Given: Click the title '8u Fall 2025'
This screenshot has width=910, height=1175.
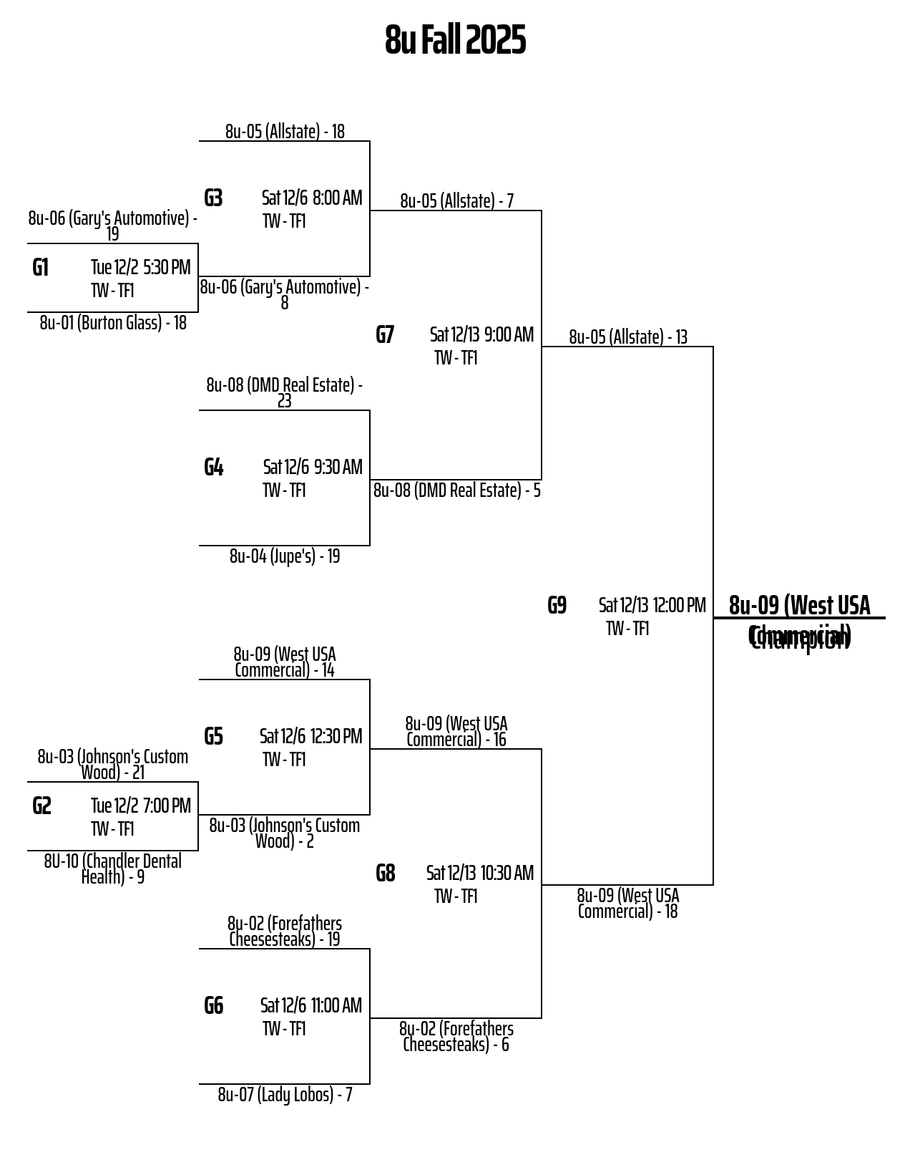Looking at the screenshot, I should pyautogui.click(x=455, y=40).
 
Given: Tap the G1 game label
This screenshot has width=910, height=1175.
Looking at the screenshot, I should pyautogui.click(x=41, y=268).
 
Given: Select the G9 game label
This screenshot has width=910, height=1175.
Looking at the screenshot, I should pyautogui.click(x=557, y=606).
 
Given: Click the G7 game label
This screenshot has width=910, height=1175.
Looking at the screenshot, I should pyautogui.click(x=385, y=335).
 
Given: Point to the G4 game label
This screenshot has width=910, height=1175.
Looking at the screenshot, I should pyautogui.click(x=213, y=468).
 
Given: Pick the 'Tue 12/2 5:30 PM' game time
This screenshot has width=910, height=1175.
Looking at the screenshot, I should pyautogui.click(x=140, y=268).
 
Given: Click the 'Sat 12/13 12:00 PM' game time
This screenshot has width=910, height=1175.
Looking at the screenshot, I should pyautogui.click(x=652, y=606).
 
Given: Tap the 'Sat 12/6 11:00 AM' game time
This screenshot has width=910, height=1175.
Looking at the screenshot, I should pyautogui.click(x=310, y=1006).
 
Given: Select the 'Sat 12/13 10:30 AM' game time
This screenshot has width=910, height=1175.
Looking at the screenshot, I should pyautogui.click(x=479, y=874).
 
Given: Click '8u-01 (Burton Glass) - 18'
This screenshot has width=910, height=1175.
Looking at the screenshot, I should pyautogui.click(x=113, y=323).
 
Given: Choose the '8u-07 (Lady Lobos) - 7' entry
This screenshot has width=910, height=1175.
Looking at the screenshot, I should pyautogui.click(x=285, y=1095).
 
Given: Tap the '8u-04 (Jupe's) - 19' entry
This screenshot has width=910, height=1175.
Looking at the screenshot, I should pyautogui.click(x=285, y=556).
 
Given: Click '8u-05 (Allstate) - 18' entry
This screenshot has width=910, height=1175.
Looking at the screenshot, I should pyautogui.click(x=285, y=132).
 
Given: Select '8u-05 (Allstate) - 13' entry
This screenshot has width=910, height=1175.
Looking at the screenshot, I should pyautogui.click(x=628, y=337).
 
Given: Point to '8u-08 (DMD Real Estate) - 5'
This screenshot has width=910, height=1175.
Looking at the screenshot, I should pyautogui.click(x=456, y=490).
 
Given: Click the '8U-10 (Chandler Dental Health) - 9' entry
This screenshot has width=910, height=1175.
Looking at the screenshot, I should pyautogui.click(x=113, y=869).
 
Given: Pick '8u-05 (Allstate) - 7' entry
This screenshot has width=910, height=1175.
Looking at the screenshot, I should pyautogui.click(x=456, y=201).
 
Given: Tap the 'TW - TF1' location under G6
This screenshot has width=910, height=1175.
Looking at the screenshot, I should pyautogui.click(x=284, y=1029).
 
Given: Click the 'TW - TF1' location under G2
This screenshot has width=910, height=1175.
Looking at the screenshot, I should pyautogui.click(x=112, y=829).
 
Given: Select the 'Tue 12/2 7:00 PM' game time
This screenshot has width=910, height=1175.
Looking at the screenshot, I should pyautogui.click(x=140, y=806).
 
